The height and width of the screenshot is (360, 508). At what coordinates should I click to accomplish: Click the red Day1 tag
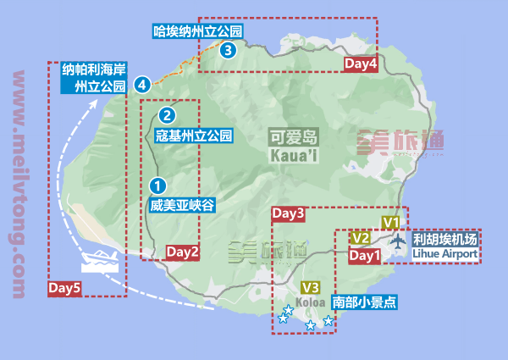pyautogui.click(x=364, y=255)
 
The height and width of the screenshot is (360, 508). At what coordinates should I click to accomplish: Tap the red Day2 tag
pyautogui.click(x=182, y=252)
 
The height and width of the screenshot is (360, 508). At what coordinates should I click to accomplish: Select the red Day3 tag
pyautogui.click(x=289, y=214)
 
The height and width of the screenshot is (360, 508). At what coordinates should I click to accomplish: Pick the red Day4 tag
pyautogui.click(x=361, y=64)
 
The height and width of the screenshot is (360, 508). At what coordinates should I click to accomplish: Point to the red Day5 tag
pyautogui.click(x=65, y=288)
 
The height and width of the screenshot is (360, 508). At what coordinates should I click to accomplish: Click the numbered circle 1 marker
pyautogui.click(x=157, y=184)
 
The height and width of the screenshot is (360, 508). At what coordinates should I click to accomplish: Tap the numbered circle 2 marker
pyautogui.click(x=168, y=115)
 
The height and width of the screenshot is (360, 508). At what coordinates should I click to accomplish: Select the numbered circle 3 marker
pyautogui.click(x=227, y=51)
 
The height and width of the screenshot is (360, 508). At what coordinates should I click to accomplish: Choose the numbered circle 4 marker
pyautogui.click(x=142, y=84)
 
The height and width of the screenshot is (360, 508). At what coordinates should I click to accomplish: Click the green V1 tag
pyautogui.click(x=390, y=222)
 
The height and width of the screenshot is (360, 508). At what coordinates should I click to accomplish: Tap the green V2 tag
pyautogui.click(x=360, y=238)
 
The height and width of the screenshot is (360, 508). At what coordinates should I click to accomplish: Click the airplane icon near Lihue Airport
pyautogui.click(x=399, y=241)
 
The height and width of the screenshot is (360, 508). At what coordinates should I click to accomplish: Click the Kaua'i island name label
pyautogui.click(x=293, y=147)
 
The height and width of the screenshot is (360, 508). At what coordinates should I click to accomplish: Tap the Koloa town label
pyautogui.click(x=310, y=300)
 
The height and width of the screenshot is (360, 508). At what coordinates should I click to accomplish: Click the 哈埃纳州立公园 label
pyautogui.click(x=198, y=32)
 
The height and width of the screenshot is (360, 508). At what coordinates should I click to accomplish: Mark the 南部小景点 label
pyautogui.click(x=365, y=302)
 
